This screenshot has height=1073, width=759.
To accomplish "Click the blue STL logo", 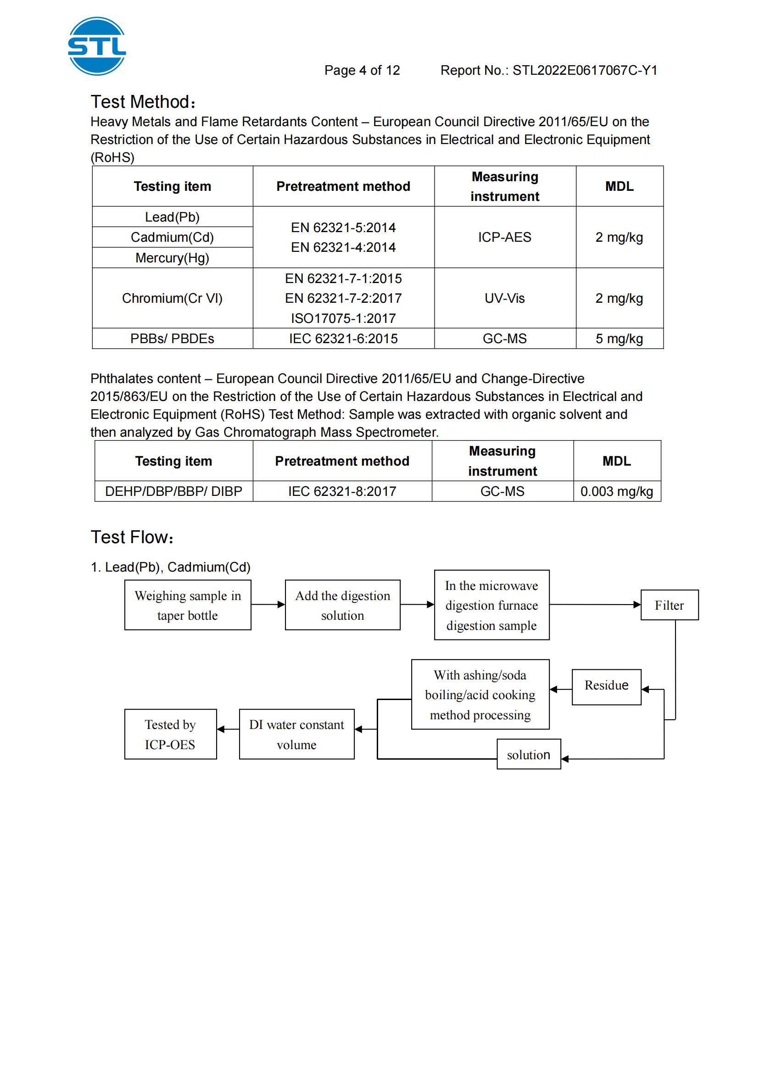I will point(97,46).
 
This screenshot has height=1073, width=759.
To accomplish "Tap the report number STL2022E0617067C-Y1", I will point(585,71).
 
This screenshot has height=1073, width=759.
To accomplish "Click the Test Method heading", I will point(143,102).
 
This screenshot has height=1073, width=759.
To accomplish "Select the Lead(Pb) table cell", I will point(173,217).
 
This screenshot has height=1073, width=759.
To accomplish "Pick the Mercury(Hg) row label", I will point(173,258).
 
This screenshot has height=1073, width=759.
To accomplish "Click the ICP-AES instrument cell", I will point(505,238).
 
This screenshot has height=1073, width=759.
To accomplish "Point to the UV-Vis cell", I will point(505,298).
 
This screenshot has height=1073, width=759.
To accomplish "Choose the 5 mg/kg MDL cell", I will point(619,339).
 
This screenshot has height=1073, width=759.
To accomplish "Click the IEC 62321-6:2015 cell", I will point(344,339).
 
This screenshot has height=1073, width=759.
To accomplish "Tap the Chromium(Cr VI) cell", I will point(173,298).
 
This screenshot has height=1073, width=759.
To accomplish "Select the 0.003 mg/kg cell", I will point(617,492).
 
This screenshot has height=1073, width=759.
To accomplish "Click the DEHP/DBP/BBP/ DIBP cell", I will point(174,492).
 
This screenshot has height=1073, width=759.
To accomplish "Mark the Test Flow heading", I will point(132,538).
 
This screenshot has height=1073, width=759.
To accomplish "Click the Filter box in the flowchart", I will point(669,605).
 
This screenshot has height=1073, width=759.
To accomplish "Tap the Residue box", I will point(606,685).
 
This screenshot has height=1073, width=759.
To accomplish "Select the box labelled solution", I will point(529,755).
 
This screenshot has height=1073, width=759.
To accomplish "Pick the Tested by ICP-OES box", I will point(170,734).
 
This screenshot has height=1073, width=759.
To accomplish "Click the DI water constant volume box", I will point(297,734).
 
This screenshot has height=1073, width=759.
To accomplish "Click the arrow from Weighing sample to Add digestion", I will point(268,605).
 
